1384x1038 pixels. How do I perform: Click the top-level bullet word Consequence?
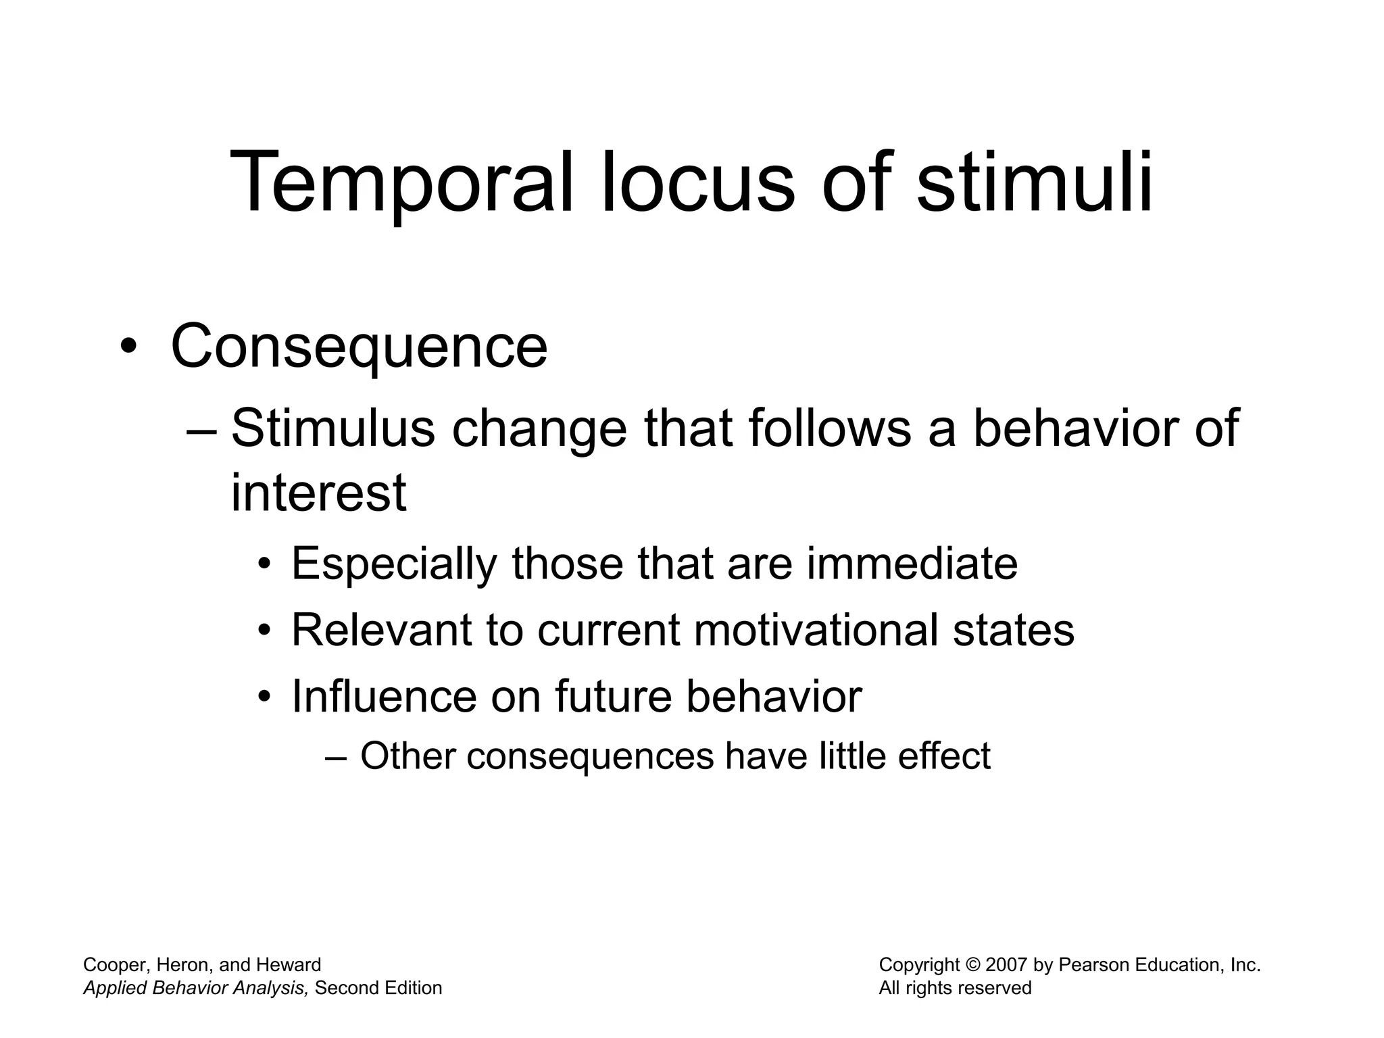tap(359, 347)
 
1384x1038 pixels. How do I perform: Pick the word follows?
tap(830, 428)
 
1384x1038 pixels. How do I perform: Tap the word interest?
tap(318, 493)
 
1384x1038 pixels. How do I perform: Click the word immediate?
tap(912, 564)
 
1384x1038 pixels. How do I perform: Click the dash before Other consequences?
tap(336, 757)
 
